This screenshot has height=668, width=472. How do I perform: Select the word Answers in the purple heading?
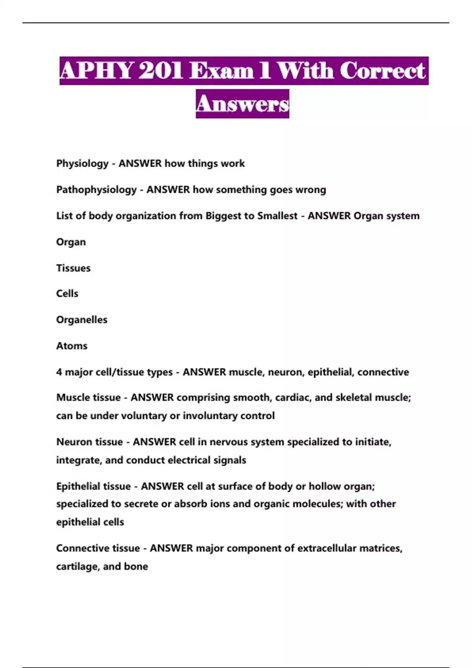(242, 104)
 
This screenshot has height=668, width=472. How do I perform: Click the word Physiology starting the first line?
(82, 163)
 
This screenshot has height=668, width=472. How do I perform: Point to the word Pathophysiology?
(96, 190)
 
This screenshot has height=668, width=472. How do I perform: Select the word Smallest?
(277, 216)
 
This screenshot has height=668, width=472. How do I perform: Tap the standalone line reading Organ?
(71, 242)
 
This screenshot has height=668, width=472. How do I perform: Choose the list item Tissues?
(73, 268)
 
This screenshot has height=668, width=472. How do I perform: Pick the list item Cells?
(67, 294)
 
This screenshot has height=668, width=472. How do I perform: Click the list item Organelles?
(82, 320)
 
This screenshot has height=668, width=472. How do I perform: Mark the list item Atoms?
(72, 346)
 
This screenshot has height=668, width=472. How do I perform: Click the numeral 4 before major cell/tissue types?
(59, 372)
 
